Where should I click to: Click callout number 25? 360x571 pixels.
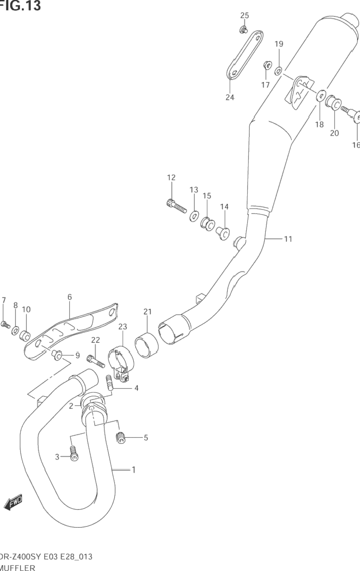click(x=244, y=15)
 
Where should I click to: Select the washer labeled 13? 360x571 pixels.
click(x=194, y=215)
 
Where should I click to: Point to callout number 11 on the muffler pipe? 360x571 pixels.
click(x=288, y=239)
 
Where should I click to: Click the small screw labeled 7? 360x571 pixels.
click(x=5, y=325)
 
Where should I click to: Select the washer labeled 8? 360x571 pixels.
click(x=15, y=330)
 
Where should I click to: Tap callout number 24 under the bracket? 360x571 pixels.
click(x=230, y=97)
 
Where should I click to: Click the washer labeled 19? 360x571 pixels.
click(x=278, y=71)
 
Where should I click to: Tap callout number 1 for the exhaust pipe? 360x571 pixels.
click(x=133, y=469)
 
